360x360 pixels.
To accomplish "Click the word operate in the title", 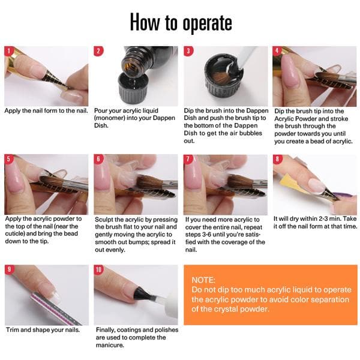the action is pos(208,23).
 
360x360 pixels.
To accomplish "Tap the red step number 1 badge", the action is pos(9,51).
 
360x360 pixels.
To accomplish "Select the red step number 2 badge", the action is pos(98,51).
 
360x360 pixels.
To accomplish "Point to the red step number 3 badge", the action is pos(188,51).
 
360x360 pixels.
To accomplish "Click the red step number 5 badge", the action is pos(9,159).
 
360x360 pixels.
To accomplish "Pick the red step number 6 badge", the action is pos(98,159).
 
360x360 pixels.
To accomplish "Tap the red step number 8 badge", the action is pos(277,159).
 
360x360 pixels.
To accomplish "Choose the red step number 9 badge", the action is pos(9,269).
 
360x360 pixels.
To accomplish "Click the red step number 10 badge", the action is pos(98,269).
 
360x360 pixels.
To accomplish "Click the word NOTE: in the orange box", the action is pos(203,280).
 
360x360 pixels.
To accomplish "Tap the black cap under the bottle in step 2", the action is pos(133,89).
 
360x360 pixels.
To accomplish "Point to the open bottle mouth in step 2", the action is pos(131,64).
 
